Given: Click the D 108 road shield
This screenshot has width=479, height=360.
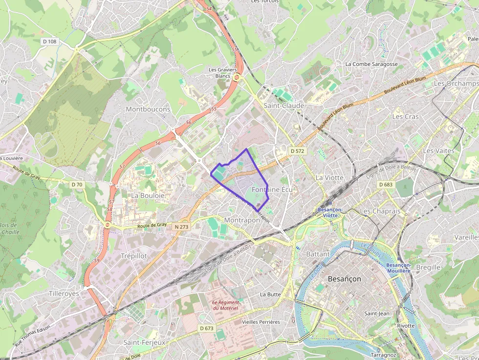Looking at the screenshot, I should click(50, 42).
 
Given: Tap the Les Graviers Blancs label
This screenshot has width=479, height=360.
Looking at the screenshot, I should click(222, 73).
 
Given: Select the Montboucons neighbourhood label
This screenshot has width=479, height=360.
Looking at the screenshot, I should click(148, 109).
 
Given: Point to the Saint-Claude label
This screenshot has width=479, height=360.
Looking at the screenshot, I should click(284, 106).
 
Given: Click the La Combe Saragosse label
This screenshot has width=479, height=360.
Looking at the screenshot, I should click(371, 64).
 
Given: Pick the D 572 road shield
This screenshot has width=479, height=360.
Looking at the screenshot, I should click(297, 151).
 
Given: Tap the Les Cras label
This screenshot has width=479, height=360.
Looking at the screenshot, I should click(405, 117).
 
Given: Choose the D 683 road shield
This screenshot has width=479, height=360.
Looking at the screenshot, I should click(386, 184).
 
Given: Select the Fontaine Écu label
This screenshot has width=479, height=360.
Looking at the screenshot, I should click(272, 189).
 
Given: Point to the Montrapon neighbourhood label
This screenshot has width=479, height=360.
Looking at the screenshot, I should click(242, 220).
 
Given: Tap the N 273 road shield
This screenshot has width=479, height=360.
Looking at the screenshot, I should click(180, 227).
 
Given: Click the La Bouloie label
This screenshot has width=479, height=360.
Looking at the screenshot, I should click(148, 195).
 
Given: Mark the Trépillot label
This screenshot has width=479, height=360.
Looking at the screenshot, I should click(133, 255).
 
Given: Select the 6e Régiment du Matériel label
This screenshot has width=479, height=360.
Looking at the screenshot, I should click(225, 305).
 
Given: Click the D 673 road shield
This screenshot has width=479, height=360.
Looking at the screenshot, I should click(206, 328).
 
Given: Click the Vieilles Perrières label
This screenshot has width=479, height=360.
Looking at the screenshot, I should click(261, 322).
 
